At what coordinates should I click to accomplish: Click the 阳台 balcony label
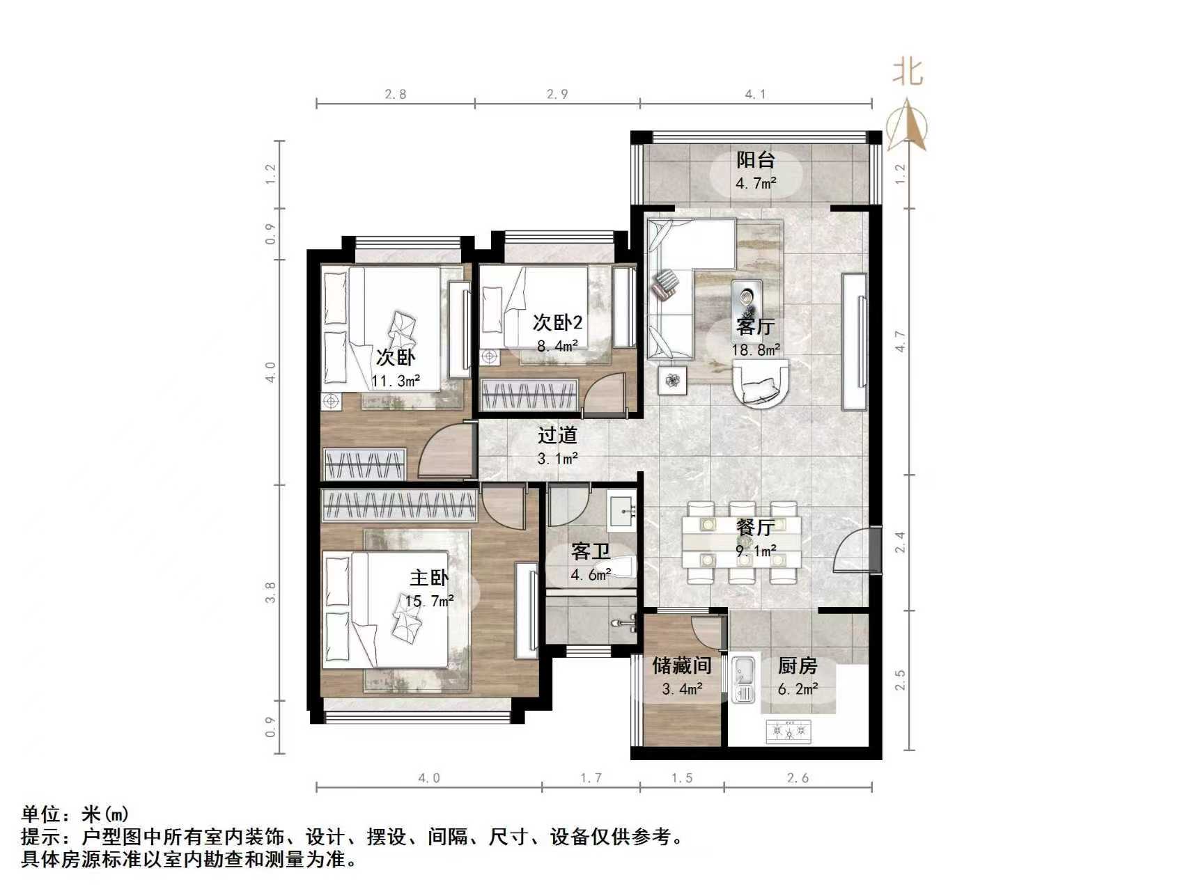(756, 160)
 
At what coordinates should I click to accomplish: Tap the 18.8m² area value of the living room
(755, 349)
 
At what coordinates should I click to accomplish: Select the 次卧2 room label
(557, 322)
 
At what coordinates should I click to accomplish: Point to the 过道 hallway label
(557, 436)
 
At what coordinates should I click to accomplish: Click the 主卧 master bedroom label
(428, 578)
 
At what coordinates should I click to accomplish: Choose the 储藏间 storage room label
(681, 666)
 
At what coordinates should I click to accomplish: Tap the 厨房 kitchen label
(797, 666)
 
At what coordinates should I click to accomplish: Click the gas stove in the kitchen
(788, 732)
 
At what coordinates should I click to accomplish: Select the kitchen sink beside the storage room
(744, 678)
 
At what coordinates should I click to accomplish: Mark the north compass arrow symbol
(907, 125)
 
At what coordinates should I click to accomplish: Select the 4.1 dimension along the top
(755, 94)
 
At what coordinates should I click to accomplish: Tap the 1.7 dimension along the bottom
(591, 778)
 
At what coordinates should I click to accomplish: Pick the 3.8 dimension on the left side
(271, 592)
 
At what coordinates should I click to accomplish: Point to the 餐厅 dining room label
(755, 527)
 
